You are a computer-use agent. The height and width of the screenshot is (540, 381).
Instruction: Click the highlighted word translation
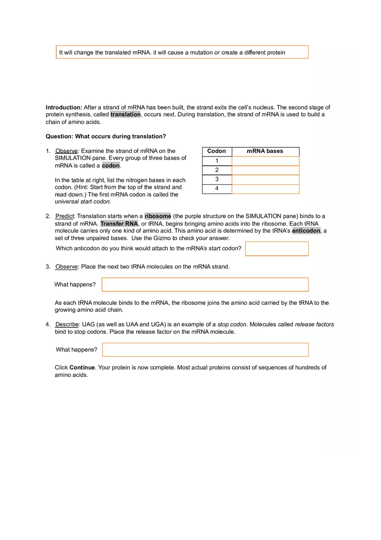click(x=126, y=114)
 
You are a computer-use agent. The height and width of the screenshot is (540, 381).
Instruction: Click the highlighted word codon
click(x=111, y=166)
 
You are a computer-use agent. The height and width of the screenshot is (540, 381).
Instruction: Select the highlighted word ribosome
click(x=158, y=216)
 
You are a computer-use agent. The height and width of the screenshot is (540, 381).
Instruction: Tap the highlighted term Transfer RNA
click(x=119, y=223)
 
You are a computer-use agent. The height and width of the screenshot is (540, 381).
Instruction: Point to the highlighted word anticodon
click(x=306, y=231)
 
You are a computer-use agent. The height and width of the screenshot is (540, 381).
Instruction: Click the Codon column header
click(x=216, y=151)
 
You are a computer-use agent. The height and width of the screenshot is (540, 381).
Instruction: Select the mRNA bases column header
click(x=265, y=151)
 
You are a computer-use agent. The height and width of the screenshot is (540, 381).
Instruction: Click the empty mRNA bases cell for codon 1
click(x=265, y=161)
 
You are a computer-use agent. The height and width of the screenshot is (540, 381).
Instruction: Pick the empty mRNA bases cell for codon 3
click(x=265, y=179)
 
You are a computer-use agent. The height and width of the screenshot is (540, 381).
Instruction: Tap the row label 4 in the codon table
click(x=217, y=188)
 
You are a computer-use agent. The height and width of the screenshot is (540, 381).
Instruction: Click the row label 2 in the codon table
click(x=217, y=170)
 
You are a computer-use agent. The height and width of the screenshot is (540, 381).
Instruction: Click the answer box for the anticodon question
click(x=277, y=249)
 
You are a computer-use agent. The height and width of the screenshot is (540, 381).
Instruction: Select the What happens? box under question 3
click(x=205, y=285)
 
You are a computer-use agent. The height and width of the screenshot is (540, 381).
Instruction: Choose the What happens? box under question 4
click(x=205, y=349)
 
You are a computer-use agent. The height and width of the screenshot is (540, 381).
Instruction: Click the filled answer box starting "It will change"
click(x=182, y=52)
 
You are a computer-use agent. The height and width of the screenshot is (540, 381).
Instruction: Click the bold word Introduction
click(x=64, y=107)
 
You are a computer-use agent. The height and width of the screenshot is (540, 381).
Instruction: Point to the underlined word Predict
click(x=65, y=216)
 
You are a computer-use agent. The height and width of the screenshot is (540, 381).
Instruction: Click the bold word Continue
click(x=82, y=368)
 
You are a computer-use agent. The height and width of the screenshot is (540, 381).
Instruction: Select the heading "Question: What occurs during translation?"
click(x=106, y=136)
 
